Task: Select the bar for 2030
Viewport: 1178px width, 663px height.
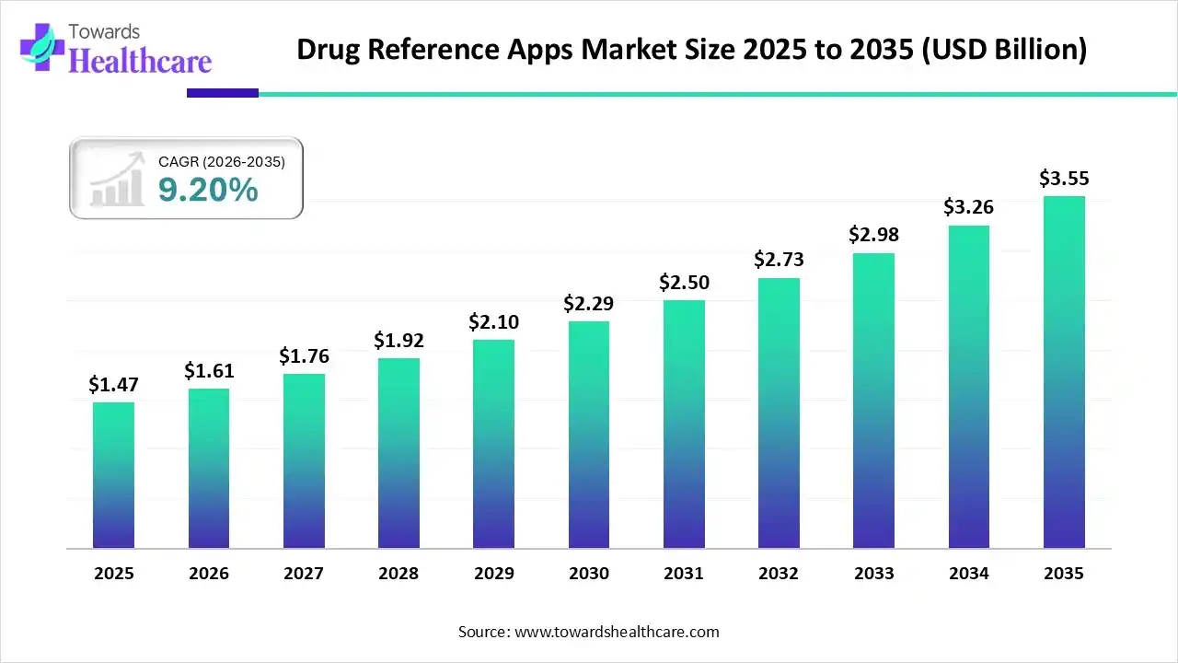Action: (588, 434)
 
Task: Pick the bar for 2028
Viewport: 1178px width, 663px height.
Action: (398, 452)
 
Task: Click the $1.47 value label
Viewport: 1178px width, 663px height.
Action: (112, 385)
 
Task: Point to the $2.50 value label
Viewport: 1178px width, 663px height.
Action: (683, 283)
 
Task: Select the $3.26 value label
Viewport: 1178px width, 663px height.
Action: (968, 207)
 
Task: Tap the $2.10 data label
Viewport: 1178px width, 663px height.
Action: (493, 322)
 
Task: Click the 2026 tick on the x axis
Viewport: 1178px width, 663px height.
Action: (209, 574)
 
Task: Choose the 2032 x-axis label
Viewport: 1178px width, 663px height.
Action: (779, 574)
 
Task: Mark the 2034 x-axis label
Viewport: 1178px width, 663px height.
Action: (968, 574)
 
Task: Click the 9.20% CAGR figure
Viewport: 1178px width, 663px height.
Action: (208, 190)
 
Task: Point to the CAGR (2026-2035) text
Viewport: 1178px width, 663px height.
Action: (222, 162)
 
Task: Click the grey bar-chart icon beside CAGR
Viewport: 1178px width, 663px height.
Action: (116, 180)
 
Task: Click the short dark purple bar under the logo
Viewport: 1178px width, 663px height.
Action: (223, 93)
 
